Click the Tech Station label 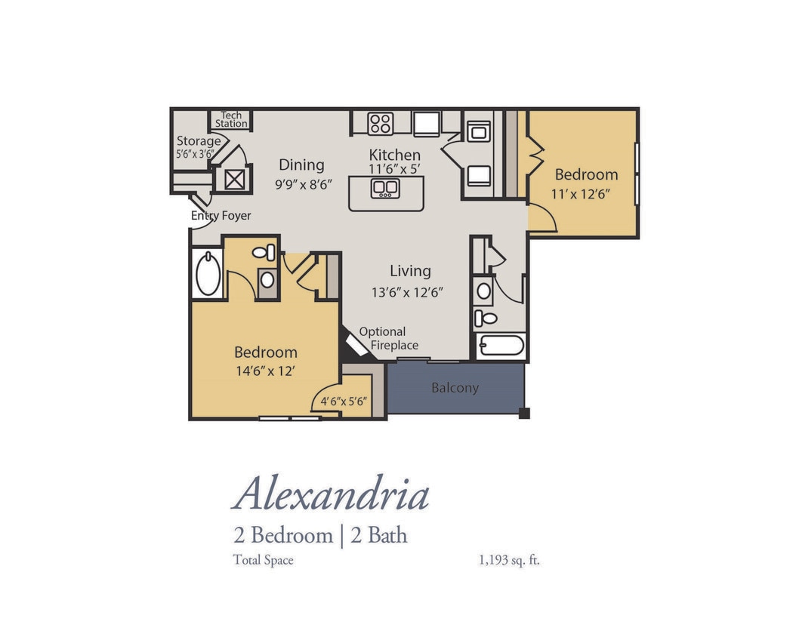pyautogui.click(x=231, y=119)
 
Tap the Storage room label pyautogui.click(x=199, y=140)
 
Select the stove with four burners pyautogui.click(x=380, y=122)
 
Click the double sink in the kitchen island pyautogui.click(x=385, y=188)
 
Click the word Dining pyautogui.click(x=301, y=165)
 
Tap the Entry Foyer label pyautogui.click(x=221, y=216)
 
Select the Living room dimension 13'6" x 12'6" pyautogui.click(x=407, y=291)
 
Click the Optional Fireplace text pyautogui.click(x=388, y=338)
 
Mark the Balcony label pyautogui.click(x=455, y=388)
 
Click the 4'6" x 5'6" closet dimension pyautogui.click(x=344, y=402)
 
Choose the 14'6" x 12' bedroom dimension pyautogui.click(x=265, y=371)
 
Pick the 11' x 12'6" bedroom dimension pyautogui.click(x=581, y=193)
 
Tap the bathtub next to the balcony pyautogui.click(x=499, y=346)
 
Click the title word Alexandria pyautogui.click(x=331, y=495)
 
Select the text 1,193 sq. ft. pyautogui.click(x=509, y=560)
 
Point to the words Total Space pyautogui.click(x=263, y=560)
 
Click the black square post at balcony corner pyautogui.click(x=524, y=413)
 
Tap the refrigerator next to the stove pyautogui.click(x=426, y=123)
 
